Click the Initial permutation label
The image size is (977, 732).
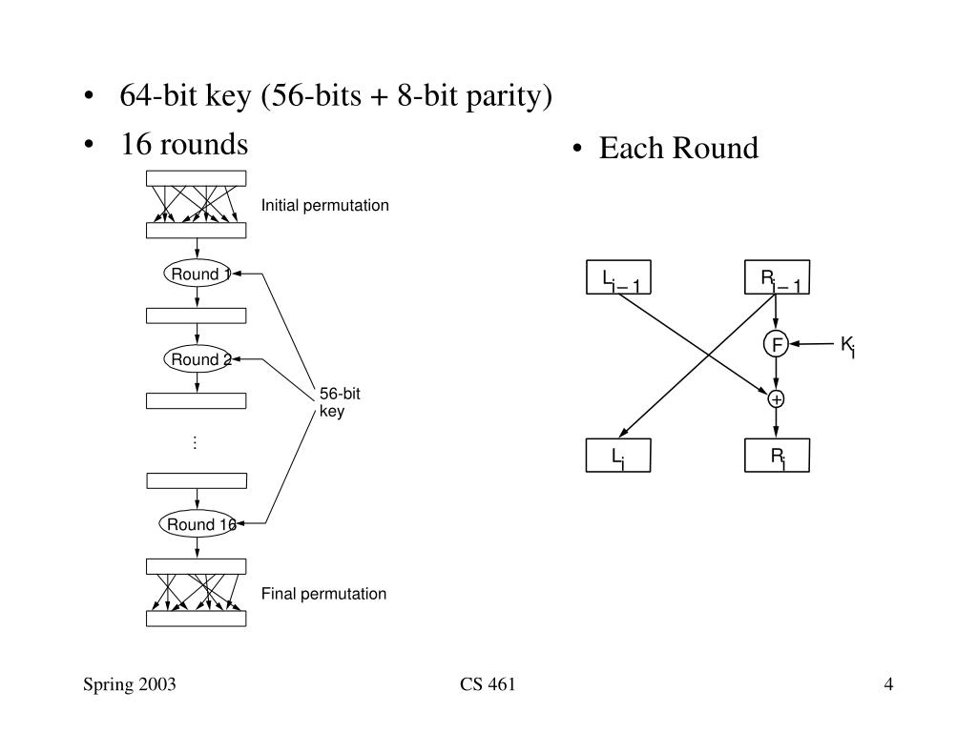pos(324,206)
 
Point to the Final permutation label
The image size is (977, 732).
pos(323,594)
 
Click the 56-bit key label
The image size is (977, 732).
pos(340,402)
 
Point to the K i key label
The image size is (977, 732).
pos(847,345)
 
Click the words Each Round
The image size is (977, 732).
pos(678,148)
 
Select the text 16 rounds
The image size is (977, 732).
pos(184,144)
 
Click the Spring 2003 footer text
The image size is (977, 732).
pos(130,684)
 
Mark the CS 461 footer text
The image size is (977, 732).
pos(488,684)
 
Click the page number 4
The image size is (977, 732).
pos(888,684)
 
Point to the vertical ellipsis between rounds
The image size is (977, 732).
pos(195,442)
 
